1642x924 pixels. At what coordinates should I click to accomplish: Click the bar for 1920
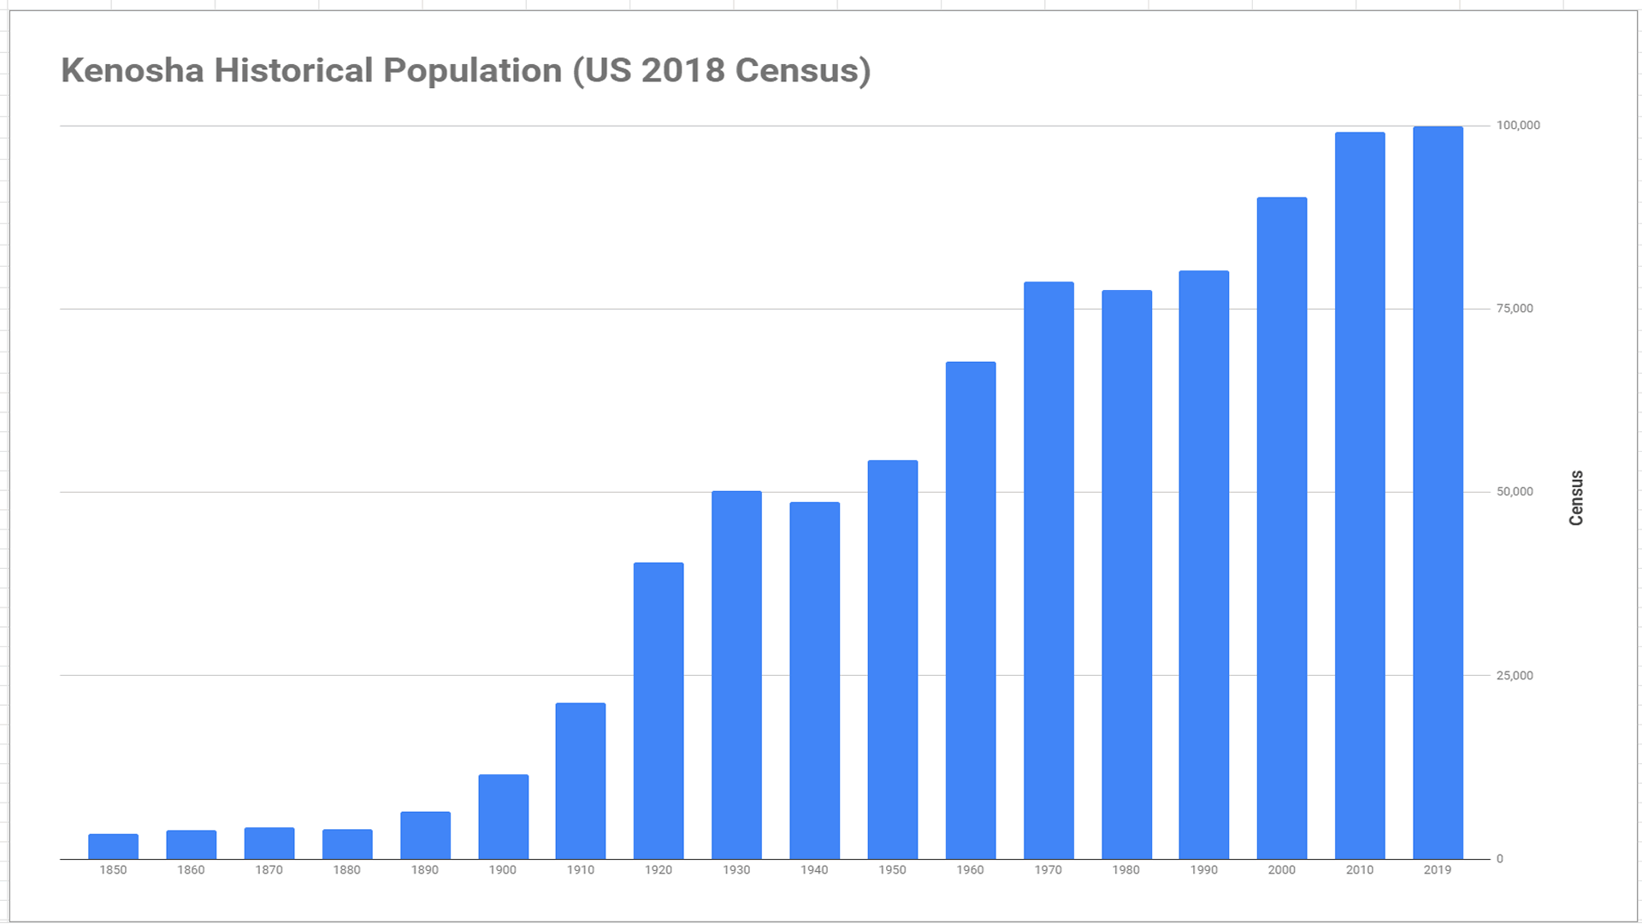coord(659,710)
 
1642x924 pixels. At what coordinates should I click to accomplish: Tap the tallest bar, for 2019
coord(1438,493)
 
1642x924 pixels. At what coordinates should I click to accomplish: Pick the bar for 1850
coord(113,846)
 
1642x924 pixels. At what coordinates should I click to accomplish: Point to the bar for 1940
coord(814,680)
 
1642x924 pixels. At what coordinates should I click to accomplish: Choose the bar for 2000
coord(1282,528)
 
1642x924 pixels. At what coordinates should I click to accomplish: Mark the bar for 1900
coord(503,816)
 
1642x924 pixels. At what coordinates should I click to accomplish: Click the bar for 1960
coord(971,610)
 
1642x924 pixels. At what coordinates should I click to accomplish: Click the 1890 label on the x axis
coord(424,870)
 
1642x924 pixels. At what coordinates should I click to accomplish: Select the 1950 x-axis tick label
coord(892,870)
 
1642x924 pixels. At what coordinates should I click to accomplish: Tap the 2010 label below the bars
coord(1360,870)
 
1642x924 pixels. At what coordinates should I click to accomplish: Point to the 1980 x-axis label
coord(1125,870)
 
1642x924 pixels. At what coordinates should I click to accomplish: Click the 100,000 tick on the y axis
coord(1518,126)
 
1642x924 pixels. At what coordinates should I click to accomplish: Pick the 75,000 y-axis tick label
coord(1515,309)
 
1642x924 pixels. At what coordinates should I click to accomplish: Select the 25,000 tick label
coord(1515,676)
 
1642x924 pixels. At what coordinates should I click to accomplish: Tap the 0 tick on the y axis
coord(1499,859)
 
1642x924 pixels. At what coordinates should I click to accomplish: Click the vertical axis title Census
coord(1576,498)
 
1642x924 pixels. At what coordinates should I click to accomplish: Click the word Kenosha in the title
coord(133,71)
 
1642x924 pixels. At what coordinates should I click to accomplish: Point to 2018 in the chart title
coord(682,71)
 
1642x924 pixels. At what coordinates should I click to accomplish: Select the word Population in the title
coord(472,71)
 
